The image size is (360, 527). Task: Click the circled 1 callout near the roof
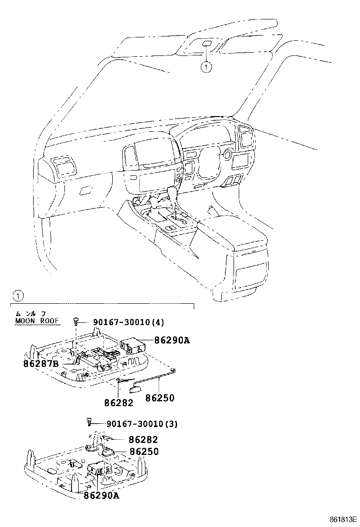point(205,67)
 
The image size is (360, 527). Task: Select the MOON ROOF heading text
point(37,321)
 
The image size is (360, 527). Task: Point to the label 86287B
point(41,363)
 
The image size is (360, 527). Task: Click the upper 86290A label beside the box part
point(171,340)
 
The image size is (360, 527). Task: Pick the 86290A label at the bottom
point(101,495)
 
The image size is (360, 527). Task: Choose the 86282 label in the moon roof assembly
point(119,403)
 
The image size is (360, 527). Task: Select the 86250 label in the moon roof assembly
point(160,399)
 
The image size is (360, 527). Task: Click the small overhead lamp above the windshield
point(207,44)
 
